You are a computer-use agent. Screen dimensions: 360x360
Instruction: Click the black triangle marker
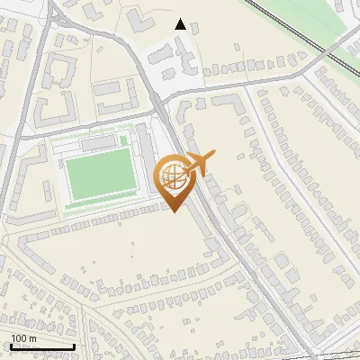tap(181, 24)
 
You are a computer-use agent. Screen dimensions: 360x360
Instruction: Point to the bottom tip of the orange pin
tap(172, 211)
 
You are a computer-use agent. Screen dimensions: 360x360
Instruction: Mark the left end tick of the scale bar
tap(10, 346)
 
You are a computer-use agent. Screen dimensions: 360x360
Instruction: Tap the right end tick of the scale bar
tap(74, 346)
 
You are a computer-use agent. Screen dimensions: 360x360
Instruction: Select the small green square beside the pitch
tap(124, 141)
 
